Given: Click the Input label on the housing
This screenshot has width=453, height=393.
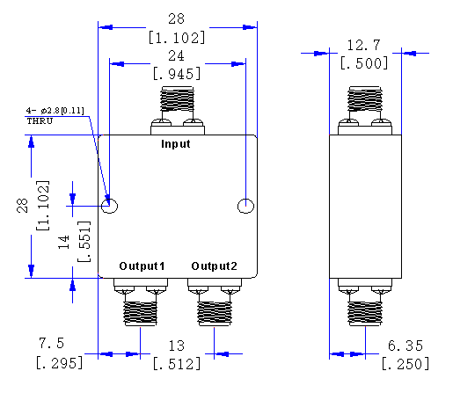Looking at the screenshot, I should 176,144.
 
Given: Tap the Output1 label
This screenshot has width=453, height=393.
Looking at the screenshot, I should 142,266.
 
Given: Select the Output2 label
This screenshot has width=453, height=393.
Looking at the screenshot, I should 214,266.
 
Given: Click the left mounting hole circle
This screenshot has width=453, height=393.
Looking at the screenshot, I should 110,206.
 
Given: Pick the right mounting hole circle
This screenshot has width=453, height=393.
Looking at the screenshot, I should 245,206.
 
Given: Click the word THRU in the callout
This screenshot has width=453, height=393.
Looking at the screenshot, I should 40,120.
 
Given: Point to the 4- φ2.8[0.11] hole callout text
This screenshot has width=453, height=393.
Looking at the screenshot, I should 55,110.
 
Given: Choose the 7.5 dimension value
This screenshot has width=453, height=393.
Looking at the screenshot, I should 49,342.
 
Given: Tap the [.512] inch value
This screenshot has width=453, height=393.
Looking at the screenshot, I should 177,362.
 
